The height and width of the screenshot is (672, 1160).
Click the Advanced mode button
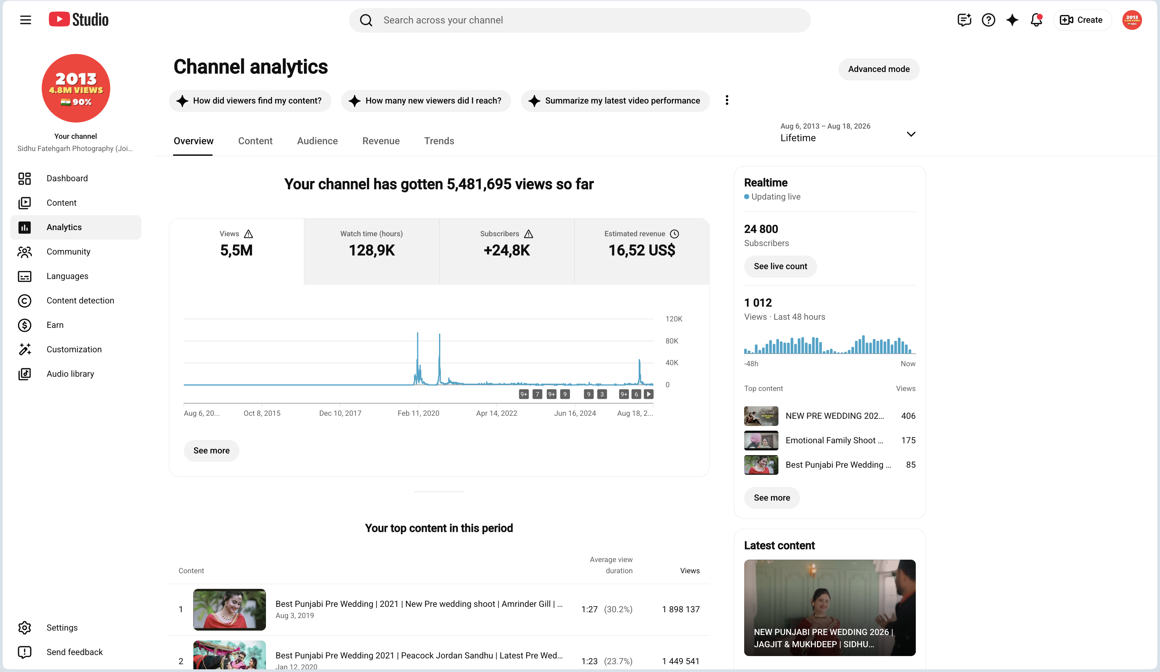point(878,69)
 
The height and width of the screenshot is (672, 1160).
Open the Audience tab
point(317,141)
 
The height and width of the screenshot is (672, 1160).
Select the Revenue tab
point(381,141)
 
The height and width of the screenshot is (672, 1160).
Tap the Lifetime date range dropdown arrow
point(910,134)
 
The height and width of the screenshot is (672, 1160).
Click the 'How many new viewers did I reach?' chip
point(426,100)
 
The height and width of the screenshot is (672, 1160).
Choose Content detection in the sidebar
point(80,300)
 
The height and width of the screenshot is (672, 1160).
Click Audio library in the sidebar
point(70,374)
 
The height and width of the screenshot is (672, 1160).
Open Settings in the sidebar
point(62,627)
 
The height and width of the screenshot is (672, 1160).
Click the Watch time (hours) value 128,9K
point(371,250)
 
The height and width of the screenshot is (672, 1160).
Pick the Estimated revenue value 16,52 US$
point(642,250)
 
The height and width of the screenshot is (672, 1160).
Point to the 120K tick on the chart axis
point(674,319)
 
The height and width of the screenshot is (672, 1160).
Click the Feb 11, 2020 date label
point(418,413)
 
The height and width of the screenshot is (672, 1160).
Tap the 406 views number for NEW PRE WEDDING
point(908,416)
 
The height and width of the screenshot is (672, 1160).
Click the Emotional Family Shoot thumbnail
point(761,440)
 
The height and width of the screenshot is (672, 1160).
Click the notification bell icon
point(1036,20)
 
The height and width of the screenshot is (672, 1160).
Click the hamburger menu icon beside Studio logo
point(26,20)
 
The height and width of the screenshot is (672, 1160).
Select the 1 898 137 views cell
point(680,609)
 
